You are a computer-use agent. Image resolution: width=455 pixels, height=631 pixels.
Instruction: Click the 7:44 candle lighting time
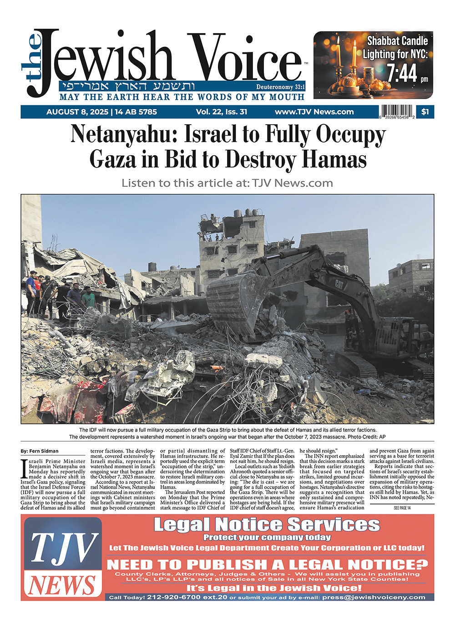pos(402,73)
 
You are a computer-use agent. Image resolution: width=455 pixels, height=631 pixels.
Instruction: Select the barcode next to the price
pos(397,112)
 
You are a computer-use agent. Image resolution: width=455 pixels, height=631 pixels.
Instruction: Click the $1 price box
pos(425,112)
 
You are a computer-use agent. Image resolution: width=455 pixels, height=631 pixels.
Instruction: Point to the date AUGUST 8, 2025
pos(77,112)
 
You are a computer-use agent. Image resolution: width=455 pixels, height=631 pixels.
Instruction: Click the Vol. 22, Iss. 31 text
pos(222,112)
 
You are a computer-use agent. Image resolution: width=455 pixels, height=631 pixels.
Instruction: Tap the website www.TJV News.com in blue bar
pos(314,112)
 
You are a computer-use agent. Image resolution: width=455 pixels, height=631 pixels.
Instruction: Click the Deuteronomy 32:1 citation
pos(280,87)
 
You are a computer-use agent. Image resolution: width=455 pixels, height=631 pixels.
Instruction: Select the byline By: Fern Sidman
pos(40,451)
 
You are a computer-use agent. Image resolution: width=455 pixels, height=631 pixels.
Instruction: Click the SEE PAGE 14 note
pos(402,508)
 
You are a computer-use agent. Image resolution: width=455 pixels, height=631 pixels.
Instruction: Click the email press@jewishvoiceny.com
pos(374,597)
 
